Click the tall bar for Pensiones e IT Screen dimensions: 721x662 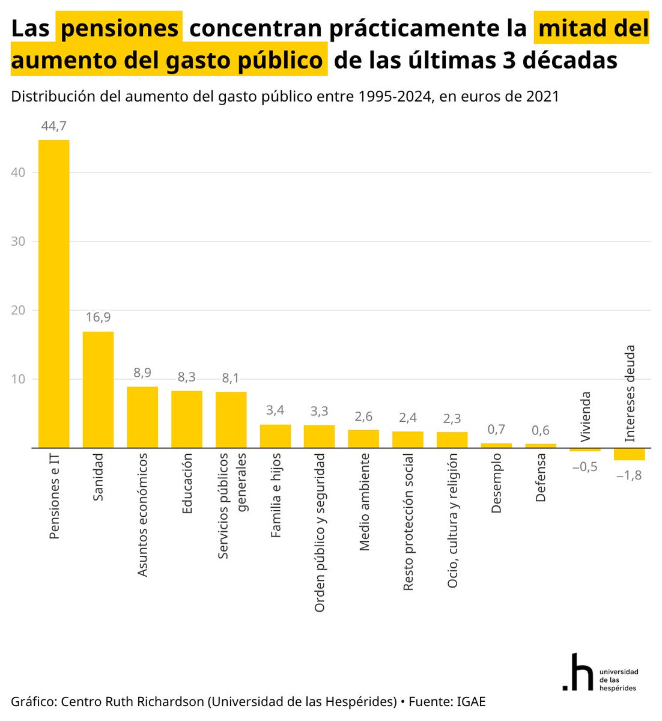click(x=54, y=294)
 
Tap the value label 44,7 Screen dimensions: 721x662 click(x=54, y=126)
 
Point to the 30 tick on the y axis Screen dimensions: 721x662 click(x=17, y=242)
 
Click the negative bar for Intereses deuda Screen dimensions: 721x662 click(x=629, y=454)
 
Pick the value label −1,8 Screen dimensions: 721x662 click(x=629, y=475)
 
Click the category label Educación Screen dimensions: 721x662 click(x=187, y=484)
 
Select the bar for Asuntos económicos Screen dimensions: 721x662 click(x=142, y=417)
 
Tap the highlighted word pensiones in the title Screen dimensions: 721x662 click(x=120, y=28)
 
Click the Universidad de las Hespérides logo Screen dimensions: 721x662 click(x=600, y=672)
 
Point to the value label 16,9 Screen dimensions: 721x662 click(x=98, y=317)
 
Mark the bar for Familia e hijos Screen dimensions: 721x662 click(x=275, y=436)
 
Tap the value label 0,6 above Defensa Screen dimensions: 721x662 click(x=541, y=430)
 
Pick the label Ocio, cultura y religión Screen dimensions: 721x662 click(x=453, y=520)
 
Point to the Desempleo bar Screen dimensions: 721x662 click(x=496, y=445)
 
